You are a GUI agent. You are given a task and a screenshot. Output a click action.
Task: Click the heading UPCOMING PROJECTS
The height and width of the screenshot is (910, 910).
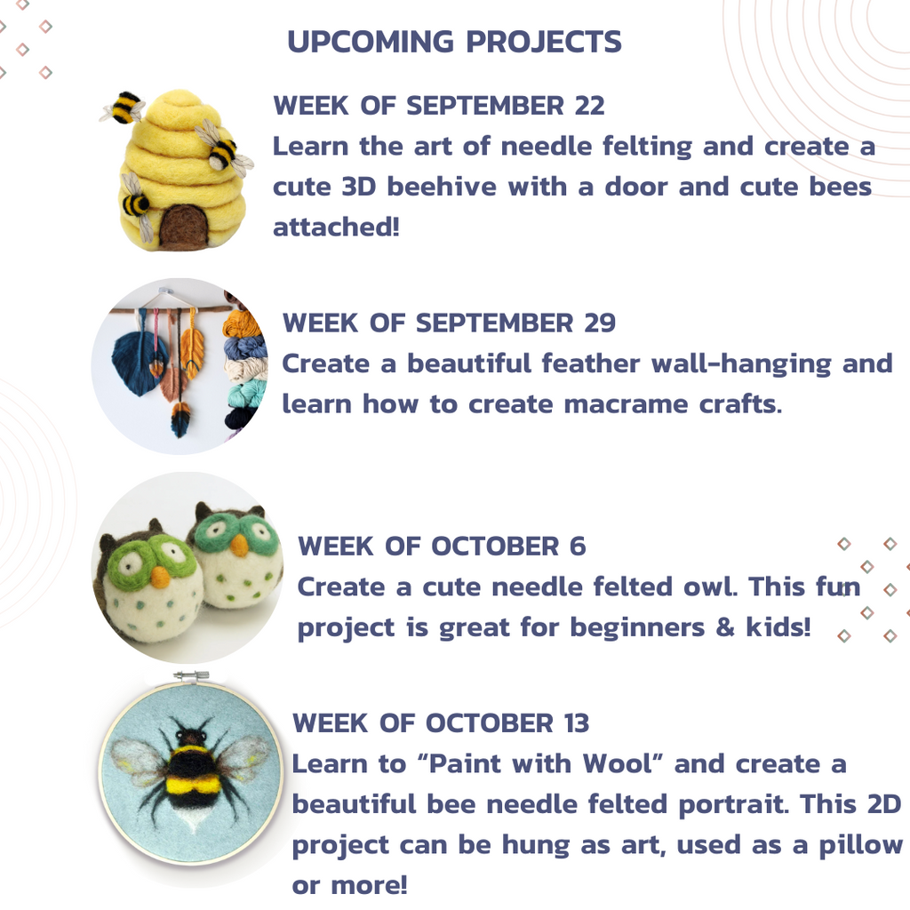(x=454, y=42)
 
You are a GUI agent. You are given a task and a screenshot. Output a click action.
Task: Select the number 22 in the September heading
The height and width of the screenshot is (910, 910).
(x=590, y=106)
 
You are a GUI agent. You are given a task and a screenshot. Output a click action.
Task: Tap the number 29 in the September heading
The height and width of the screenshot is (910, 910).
(x=600, y=323)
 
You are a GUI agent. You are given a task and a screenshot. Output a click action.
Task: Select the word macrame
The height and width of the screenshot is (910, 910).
(x=626, y=404)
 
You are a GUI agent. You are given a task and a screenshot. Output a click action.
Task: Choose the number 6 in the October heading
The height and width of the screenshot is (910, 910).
(x=578, y=547)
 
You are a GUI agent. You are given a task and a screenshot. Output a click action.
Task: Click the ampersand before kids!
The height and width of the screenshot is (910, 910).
(x=725, y=627)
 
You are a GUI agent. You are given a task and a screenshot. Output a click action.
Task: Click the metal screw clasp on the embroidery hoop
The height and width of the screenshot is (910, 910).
(x=192, y=675)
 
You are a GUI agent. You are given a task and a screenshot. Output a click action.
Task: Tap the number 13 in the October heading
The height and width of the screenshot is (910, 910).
(x=576, y=723)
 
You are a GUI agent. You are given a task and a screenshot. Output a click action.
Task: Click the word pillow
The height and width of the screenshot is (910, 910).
(x=860, y=846)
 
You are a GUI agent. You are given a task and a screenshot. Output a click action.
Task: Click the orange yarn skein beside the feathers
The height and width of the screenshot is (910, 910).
(x=242, y=325)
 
